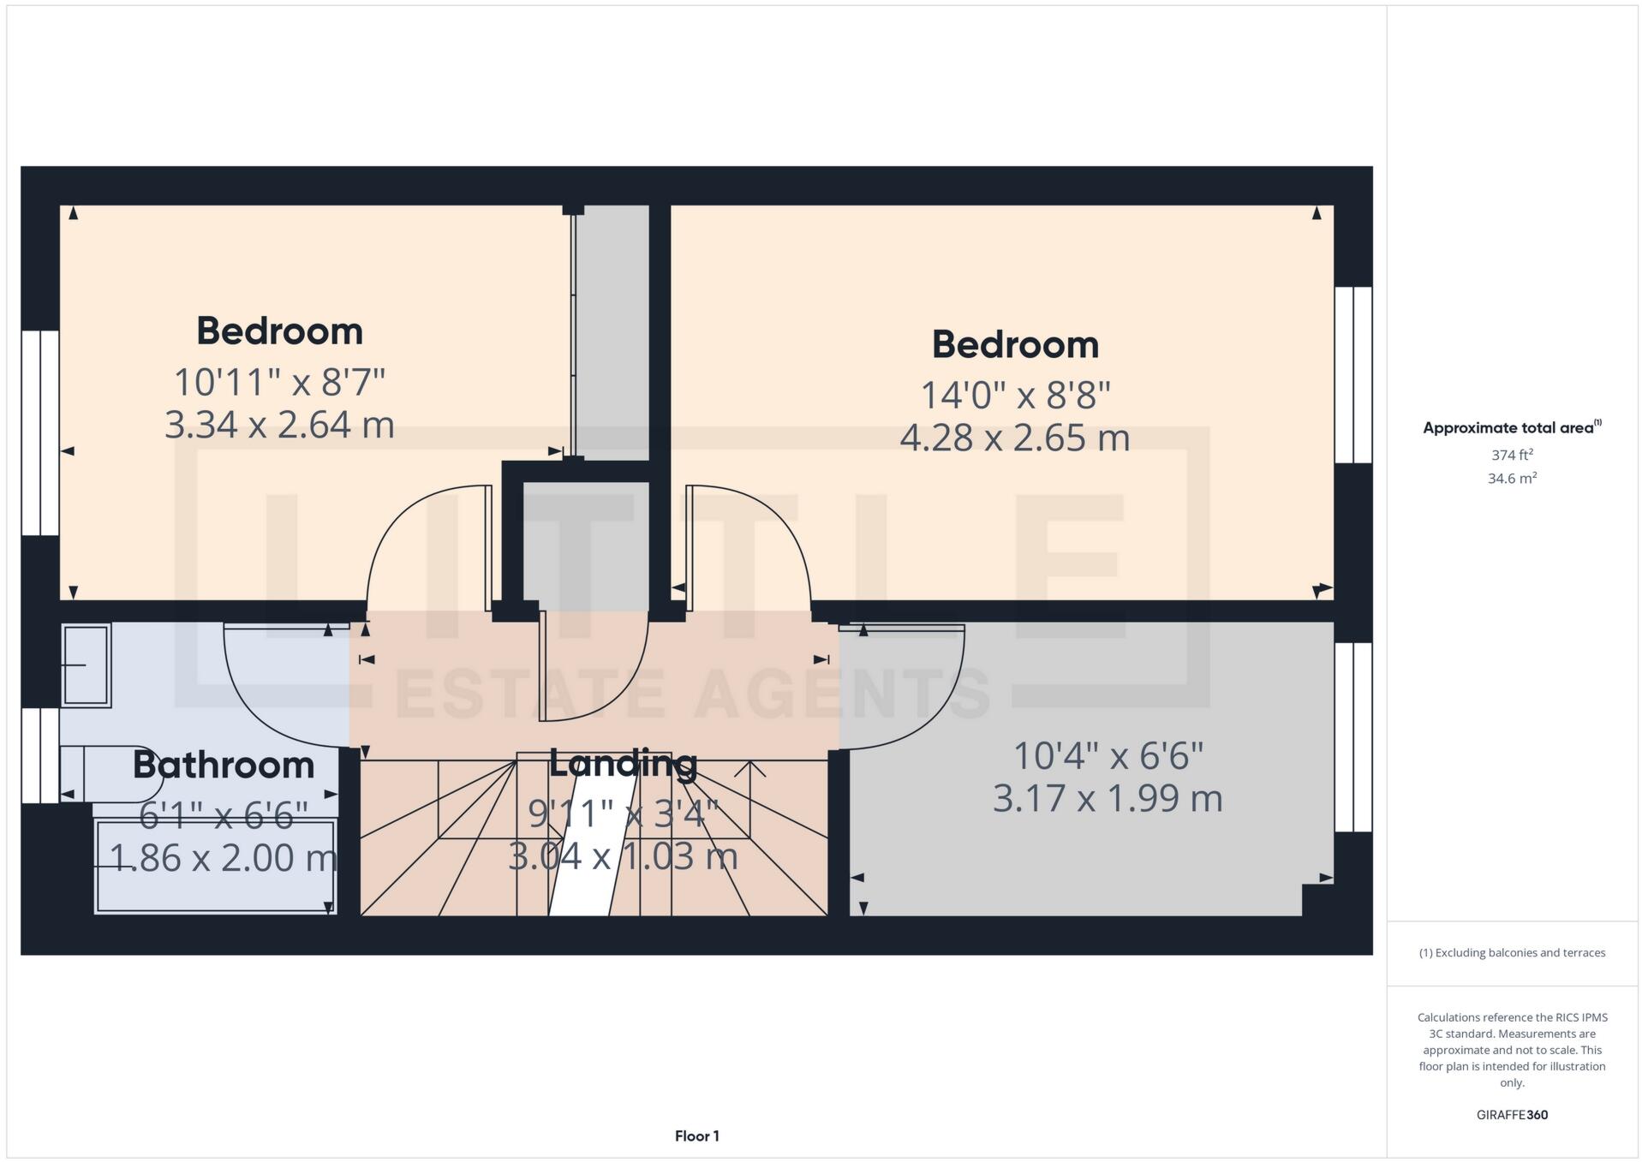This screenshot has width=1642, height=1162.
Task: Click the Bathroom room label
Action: point(224,766)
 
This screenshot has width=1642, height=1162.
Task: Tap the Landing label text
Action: point(623,763)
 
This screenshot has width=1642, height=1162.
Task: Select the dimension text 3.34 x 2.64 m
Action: point(279,425)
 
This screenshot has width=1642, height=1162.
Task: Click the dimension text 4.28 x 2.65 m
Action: point(1014,438)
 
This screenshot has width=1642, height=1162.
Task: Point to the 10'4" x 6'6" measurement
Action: point(1108,756)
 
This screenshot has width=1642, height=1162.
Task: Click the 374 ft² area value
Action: point(1511,455)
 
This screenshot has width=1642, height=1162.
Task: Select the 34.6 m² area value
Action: point(1511,479)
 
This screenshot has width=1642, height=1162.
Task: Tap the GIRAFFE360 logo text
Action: point(1511,1115)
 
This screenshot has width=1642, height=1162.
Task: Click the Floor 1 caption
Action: point(696,1136)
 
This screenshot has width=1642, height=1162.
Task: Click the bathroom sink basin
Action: point(86,665)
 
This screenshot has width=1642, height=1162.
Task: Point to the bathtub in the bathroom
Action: point(215,867)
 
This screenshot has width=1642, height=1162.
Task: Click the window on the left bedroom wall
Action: point(39,432)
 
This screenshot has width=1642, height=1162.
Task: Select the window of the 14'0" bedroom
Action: point(1352,374)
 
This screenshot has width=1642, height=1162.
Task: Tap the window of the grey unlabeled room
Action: point(1352,737)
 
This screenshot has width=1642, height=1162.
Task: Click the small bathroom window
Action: point(39,755)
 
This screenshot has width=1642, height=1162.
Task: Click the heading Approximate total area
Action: point(1511,427)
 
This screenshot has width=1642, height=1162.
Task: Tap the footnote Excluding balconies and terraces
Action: point(1511,953)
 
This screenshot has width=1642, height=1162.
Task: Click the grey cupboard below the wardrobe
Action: point(585,546)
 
